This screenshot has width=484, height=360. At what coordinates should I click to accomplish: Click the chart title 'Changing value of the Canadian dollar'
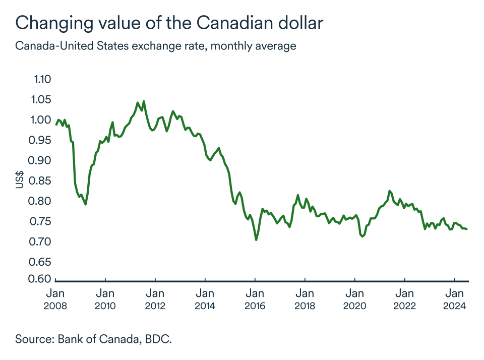pyautogui.click(x=169, y=23)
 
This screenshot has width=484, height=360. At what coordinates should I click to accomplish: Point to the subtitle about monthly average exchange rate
pyautogui.click(x=155, y=46)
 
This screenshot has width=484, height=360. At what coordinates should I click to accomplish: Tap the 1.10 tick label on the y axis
pyautogui.click(x=43, y=79)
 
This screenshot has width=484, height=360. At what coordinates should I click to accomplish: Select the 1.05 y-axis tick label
pyautogui.click(x=43, y=99)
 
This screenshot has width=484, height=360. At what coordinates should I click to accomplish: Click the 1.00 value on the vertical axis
pyautogui.click(x=43, y=120)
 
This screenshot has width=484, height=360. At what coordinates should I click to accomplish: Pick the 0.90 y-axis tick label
pyautogui.click(x=43, y=160)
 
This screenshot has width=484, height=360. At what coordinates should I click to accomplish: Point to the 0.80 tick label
pyautogui.click(x=43, y=201)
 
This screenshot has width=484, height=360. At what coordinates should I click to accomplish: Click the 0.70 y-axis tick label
pyautogui.click(x=43, y=242)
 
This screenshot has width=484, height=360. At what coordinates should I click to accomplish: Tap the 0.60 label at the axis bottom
pyautogui.click(x=43, y=279)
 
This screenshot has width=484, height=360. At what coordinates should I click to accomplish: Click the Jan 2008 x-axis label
pyautogui.click(x=55, y=299)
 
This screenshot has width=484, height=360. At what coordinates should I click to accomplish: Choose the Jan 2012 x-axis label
pyautogui.click(x=155, y=299)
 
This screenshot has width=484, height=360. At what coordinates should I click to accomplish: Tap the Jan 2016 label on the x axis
pyautogui.click(x=255, y=299)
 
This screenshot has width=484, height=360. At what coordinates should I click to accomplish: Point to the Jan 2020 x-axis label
pyautogui.click(x=355, y=299)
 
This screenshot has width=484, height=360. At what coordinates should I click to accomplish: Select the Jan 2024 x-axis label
pyautogui.click(x=455, y=299)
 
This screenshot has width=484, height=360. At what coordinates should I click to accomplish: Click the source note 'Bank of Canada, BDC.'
pyautogui.click(x=93, y=338)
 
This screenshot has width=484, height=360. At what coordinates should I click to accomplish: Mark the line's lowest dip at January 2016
pyautogui.click(x=256, y=239)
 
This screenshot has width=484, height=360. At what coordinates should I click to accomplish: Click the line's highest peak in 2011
pyautogui.click(x=144, y=101)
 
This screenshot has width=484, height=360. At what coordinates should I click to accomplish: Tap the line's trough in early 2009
pyautogui.click(x=86, y=204)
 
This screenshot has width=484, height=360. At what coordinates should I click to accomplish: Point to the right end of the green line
pyautogui.click(x=467, y=229)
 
